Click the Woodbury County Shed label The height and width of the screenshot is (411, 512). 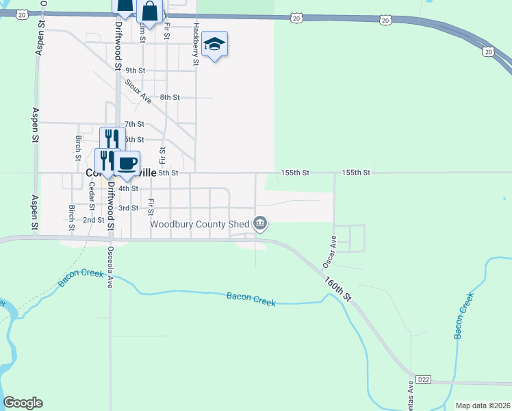click(x=200, y=223)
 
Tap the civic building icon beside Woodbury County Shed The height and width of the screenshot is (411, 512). click(x=260, y=223)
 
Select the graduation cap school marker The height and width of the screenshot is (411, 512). click(x=215, y=45)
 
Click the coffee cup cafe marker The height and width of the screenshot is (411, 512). click(x=127, y=164)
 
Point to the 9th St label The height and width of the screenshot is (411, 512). click(x=136, y=71)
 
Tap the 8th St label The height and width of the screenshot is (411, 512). click(x=169, y=98)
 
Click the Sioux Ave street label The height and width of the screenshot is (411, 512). click(x=138, y=91)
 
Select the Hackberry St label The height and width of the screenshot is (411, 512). click(x=196, y=44)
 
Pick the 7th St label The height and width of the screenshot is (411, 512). click(x=134, y=124)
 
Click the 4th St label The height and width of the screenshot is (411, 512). click(x=129, y=188)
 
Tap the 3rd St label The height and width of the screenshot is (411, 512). click(x=129, y=208)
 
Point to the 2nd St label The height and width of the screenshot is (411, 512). click(x=93, y=220)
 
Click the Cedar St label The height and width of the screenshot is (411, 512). click(x=92, y=197)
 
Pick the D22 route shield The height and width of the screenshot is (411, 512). click(x=424, y=379)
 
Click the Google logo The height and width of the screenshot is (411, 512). click(x=23, y=403)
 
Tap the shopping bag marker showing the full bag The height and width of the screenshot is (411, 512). click(x=149, y=12)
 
